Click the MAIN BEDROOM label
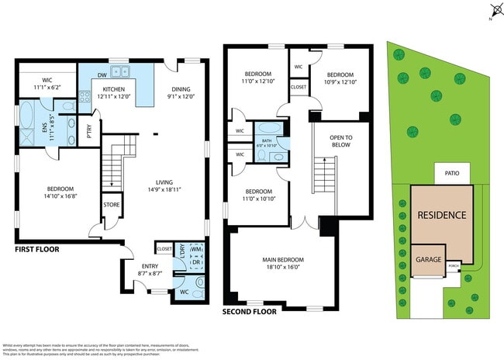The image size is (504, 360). click(284, 260)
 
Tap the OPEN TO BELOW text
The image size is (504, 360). click(338, 141)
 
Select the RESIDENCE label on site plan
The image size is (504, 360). click(442, 215)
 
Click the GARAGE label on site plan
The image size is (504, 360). click(429, 260)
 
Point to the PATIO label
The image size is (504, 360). click(451, 174)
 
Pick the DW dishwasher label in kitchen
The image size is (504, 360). click(102, 75)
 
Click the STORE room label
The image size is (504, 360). click(110, 205)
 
